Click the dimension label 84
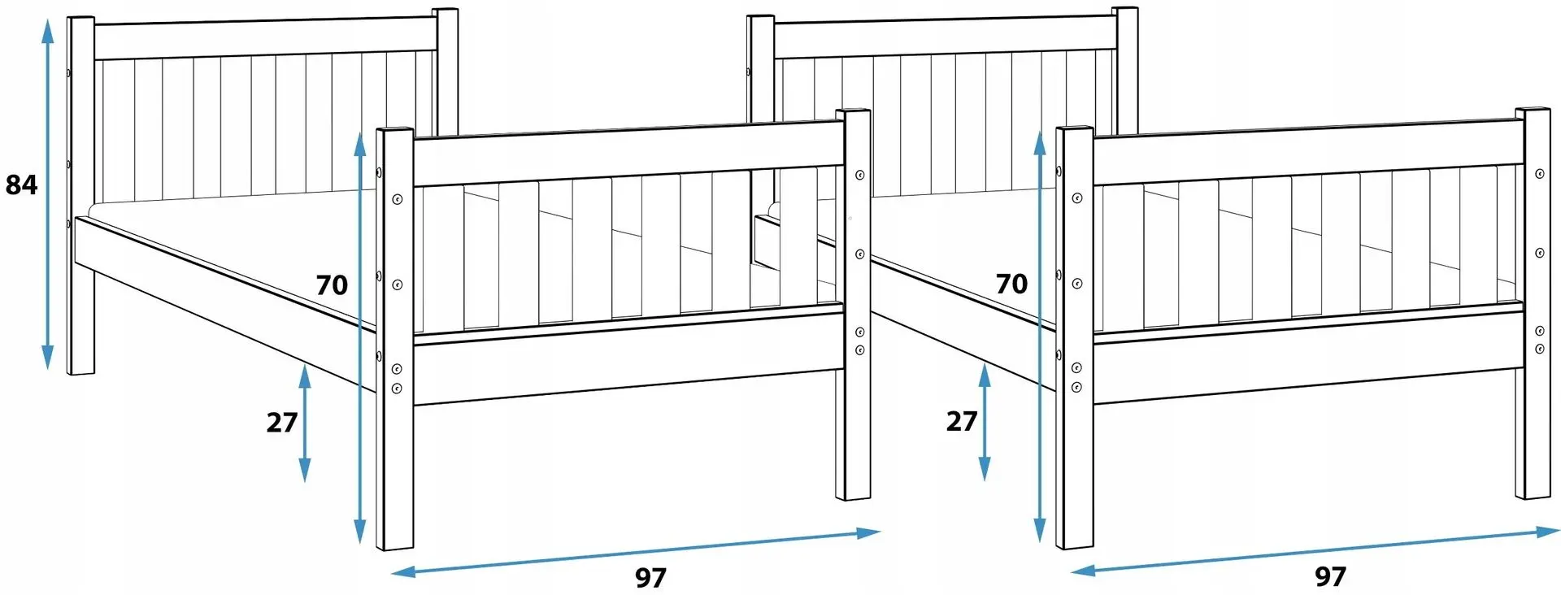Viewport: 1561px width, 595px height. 21,185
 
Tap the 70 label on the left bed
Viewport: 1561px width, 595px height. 332,285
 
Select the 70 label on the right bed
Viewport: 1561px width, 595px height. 1011,284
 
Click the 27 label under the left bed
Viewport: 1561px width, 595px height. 282,423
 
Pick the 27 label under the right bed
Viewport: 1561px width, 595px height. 962,421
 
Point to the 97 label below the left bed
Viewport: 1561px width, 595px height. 650,578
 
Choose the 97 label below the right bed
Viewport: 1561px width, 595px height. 1330,576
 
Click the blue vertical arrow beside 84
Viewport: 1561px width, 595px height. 48,193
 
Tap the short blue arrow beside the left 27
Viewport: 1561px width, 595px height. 305,423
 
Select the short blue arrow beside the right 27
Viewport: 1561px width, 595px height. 985,422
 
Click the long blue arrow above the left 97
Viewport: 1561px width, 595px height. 636,553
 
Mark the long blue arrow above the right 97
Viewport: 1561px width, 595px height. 1315,551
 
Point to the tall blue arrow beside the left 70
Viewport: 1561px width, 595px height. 359,338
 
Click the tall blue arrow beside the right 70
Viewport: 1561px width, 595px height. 1038,337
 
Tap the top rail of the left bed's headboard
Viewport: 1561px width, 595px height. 265,39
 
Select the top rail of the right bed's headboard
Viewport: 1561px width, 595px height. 945,37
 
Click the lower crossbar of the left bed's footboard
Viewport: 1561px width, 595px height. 627,370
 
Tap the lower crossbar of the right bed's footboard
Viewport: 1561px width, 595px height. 1307,368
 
